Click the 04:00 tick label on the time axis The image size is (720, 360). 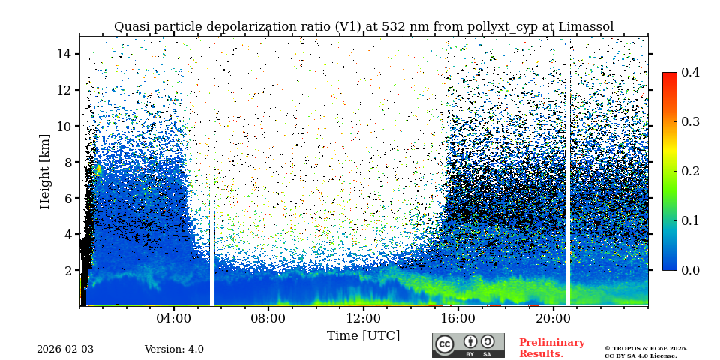coord(174,318)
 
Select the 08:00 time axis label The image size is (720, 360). coord(268,318)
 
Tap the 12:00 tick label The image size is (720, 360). coord(363,318)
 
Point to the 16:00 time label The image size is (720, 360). coord(458,318)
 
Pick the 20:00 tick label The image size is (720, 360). coord(553,318)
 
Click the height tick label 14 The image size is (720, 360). coord(64,54)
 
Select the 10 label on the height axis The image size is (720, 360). coord(64,126)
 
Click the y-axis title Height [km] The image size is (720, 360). coord(45,172)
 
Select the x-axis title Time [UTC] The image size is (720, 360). coord(363,336)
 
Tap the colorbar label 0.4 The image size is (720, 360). coord(690,72)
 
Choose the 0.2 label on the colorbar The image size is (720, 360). coord(690,171)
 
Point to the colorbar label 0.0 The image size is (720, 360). coord(690,270)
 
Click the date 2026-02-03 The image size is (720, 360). coord(65,349)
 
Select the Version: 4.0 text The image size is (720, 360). coord(174,349)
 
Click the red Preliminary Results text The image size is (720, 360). coord(551,348)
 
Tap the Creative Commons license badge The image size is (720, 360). coord(468,345)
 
